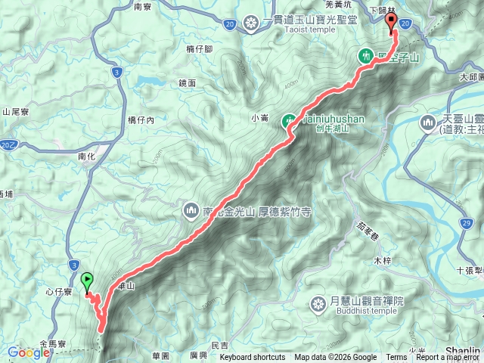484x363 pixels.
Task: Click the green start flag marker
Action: click(x=87, y=281)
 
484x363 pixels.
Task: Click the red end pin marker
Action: click(x=392, y=23)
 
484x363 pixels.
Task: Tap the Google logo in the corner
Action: click(x=29, y=352)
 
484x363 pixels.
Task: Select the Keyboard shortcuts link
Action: click(x=253, y=358)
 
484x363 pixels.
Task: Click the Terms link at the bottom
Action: click(x=396, y=358)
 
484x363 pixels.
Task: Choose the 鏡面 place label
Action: click(x=188, y=82)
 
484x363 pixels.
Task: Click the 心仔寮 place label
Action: click(x=57, y=291)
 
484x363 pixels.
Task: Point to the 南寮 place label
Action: click(x=143, y=7)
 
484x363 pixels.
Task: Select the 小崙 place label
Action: click(x=259, y=117)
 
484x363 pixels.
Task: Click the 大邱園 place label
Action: click(x=470, y=77)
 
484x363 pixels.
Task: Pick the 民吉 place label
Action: click(x=219, y=345)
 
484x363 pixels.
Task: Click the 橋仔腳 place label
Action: click(x=199, y=49)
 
